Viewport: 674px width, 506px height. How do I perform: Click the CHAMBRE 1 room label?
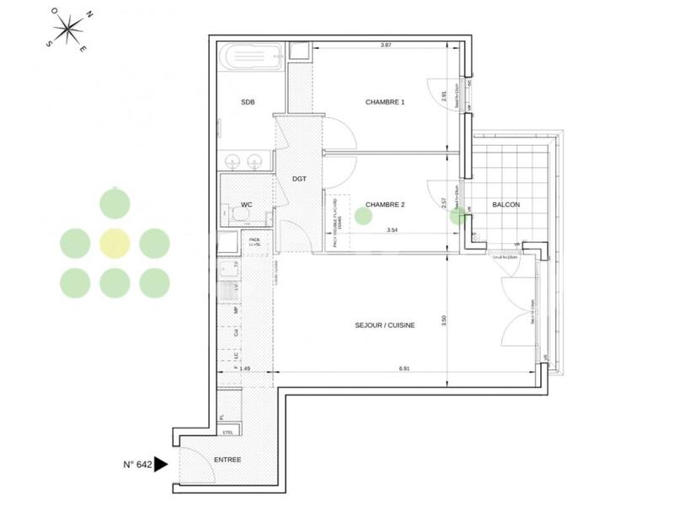pos(385,102)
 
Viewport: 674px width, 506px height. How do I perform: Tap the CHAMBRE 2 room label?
pos(385,204)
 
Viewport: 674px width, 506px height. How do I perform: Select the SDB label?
pos(248,102)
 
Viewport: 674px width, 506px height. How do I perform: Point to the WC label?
pos(247,204)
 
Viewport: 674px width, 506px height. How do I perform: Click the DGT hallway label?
pos(299,179)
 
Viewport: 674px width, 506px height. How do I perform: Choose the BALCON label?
pos(506,205)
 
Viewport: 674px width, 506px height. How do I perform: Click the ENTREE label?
pos(227,460)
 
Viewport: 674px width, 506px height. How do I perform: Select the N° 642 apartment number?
pos(136,463)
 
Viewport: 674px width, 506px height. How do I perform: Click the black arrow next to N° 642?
pos(162,463)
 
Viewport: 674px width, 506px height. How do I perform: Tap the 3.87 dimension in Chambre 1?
pos(387,45)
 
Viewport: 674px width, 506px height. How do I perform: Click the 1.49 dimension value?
pos(245,369)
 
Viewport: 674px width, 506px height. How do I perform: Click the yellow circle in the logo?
pos(115,243)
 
